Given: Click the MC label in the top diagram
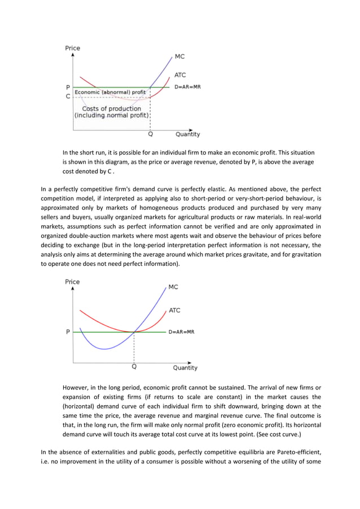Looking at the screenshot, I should click(x=179, y=57).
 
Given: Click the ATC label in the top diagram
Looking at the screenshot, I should click(x=179, y=75).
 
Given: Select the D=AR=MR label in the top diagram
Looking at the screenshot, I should click(x=187, y=87).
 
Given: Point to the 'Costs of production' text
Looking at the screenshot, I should click(x=112, y=108).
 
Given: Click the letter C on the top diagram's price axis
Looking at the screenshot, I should click(x=68, y=96).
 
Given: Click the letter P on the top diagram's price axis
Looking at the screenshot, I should click(x=68, y=87).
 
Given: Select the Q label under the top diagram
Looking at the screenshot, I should click(x=150, y=134).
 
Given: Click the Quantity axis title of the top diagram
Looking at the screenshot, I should click(x=187, y=134).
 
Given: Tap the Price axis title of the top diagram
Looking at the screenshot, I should click(x=73, y=48).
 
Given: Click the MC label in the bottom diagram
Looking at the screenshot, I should click(x=173, y=287).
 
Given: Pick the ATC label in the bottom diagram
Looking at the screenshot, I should click(x=174, y=310).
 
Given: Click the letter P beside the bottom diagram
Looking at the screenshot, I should click(x=68, y=332).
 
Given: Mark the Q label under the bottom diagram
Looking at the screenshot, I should click(x=134, y=366).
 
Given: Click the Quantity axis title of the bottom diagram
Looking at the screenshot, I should click(x=185, y=368).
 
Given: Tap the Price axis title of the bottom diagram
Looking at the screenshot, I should click(x=72, y=282).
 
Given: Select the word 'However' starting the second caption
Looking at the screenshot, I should click(x=78, y=388).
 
